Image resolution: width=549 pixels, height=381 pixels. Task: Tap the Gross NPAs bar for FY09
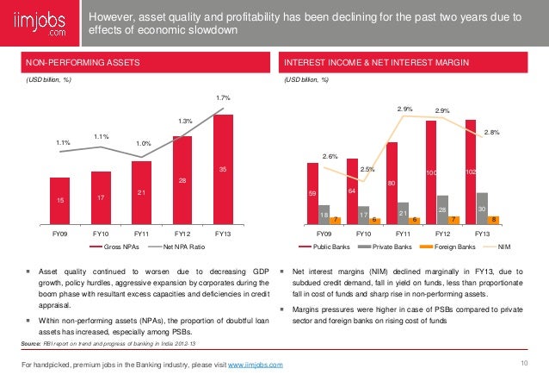tap(59, 200)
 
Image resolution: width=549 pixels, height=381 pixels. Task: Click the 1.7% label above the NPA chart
tap(223, 100)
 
